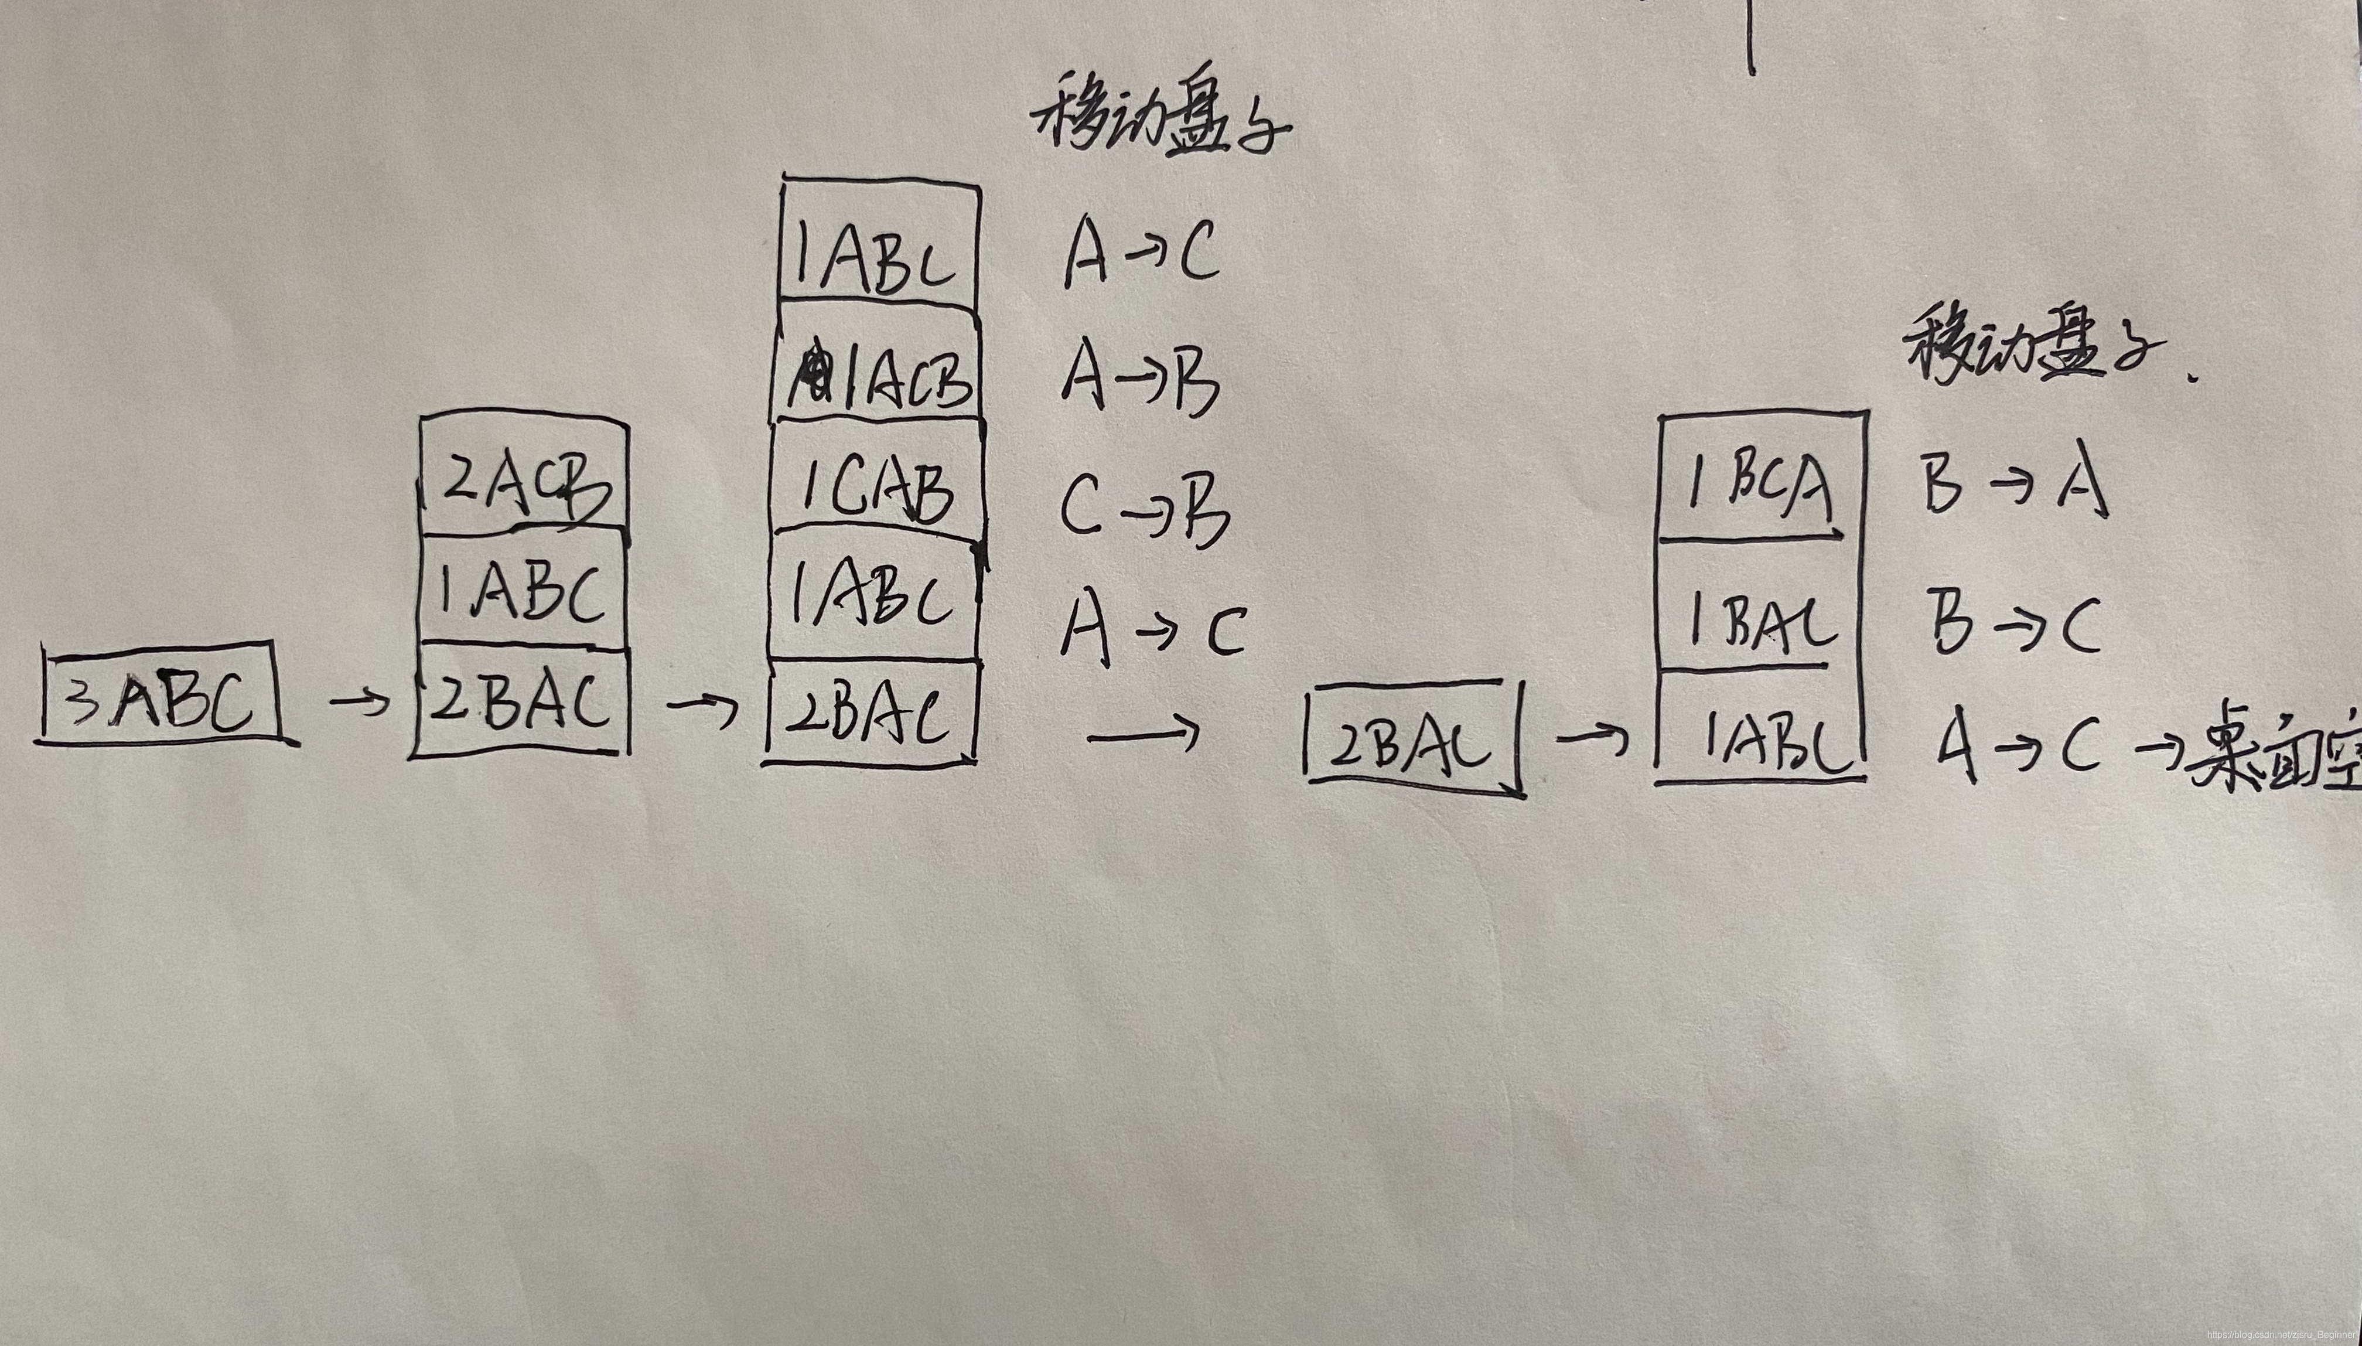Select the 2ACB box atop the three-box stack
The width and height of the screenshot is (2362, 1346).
click(524, 479)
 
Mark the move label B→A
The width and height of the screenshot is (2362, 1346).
click(2015, 481)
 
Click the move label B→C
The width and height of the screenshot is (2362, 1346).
click(2015, 624)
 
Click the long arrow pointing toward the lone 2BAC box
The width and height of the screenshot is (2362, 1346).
click(1144, 735)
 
